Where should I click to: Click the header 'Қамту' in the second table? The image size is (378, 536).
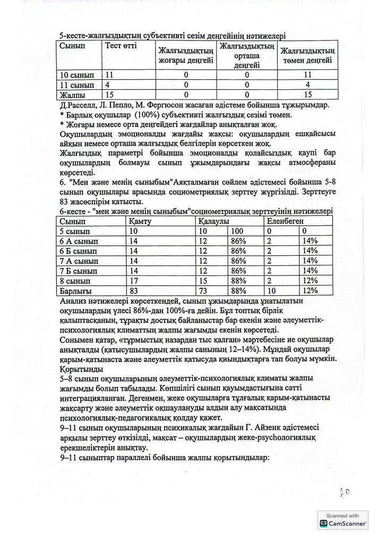pyautogui.click(x=139, y=221)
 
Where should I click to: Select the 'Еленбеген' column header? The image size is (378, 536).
pyautogui.click(x=286, y=221)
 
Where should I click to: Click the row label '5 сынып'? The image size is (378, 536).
pyautogui.click(x=75, y=231)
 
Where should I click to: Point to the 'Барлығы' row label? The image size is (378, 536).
pyautogui.click(x=76, y=290)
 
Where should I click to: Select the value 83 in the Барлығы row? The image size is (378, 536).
pyautogui.click(x=134, y=290)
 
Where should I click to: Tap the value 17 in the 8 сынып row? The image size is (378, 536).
pyautogui.click(x=134, y=280)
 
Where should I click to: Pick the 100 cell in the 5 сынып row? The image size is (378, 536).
pyautogui.click(x=237, y=231)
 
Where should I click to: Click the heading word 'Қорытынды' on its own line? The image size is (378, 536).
pyautogui.click(x=84, y=367)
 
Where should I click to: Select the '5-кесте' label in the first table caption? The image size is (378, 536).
pyautogui.click(x=76, y=36)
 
